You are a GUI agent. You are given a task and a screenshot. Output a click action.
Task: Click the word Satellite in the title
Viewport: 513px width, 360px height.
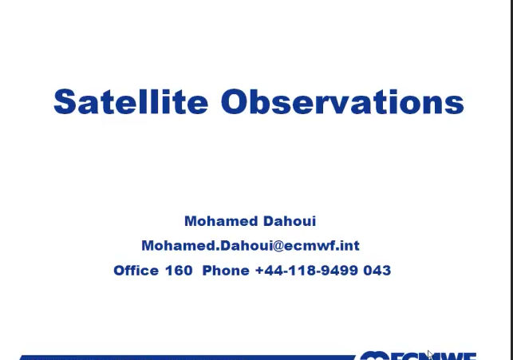point(131,101)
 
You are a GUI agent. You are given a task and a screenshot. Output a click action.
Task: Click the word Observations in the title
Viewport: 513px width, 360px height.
point(342,101)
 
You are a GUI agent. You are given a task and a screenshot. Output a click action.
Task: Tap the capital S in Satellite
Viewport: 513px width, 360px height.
point(64,101)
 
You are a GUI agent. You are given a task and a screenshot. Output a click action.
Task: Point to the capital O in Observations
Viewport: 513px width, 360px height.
point(234,101)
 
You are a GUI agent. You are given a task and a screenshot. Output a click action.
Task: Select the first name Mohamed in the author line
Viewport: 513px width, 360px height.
point(221,221)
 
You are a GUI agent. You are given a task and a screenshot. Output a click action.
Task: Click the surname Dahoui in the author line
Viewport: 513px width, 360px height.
point(290,221)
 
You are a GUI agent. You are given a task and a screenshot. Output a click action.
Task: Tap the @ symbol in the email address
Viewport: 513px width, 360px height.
point(278,246)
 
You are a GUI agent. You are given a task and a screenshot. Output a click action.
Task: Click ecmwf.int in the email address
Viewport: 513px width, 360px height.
point(322,246)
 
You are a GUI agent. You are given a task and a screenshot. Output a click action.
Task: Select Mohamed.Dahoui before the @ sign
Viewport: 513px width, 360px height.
point(207,246)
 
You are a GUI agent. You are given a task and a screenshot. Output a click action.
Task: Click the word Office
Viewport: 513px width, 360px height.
point(136,271)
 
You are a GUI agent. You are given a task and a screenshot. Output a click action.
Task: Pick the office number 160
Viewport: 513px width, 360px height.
point(179,271)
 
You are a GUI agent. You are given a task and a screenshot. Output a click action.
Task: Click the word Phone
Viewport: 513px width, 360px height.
point(226,271)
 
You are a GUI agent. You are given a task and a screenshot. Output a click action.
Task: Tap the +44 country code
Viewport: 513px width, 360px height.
point(270,271)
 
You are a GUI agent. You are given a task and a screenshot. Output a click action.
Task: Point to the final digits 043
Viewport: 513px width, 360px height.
point(377,271)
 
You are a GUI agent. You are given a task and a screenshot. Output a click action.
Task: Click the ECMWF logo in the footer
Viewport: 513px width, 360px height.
point(418,356)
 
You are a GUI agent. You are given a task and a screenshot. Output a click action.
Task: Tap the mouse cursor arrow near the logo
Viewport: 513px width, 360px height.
point(430,354)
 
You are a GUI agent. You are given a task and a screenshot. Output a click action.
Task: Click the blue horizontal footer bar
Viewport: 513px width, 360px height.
point(187,358)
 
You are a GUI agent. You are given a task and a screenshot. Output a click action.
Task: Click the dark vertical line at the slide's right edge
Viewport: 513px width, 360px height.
point(511,180)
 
